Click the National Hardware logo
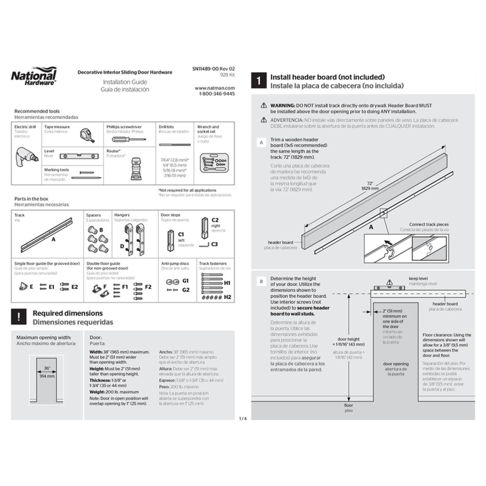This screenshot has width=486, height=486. pyautogui.click(x=34, y=76)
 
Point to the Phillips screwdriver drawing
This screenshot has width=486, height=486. pyautogui.click(x=129, y=140)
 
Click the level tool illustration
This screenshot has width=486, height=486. pyautogui.click(x=79, y=156)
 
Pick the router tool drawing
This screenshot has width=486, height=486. pyautogui.click(x=136, y=168)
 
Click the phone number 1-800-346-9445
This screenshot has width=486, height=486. pyautogui.click(x=217, y=94)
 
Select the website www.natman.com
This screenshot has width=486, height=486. pyautogui.click(x=215, y=88)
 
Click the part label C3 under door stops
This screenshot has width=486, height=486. pyautogui.click(x=214, y=244)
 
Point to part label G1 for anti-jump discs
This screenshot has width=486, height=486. pyautogui.click(x=185, y=281)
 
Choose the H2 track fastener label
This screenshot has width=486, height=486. pyautogui.click(x=227, y=297)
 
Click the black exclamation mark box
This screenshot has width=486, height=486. pyautogui.click(x=18, y=317)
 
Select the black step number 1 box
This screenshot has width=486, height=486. pyautogui.click(x=259, y=80)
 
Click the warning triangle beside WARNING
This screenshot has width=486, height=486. pyautogui.click(x=264, y=105)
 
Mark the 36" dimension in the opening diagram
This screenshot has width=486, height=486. pyautogui.click(x=47, y=368)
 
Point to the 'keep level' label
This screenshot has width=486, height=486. pyautogui.click(x=418, y=278)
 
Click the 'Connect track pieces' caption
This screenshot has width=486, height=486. pyautogui.click(x=429, y=224)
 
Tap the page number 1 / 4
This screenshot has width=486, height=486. pyautogui.click(x=243, y=418)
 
